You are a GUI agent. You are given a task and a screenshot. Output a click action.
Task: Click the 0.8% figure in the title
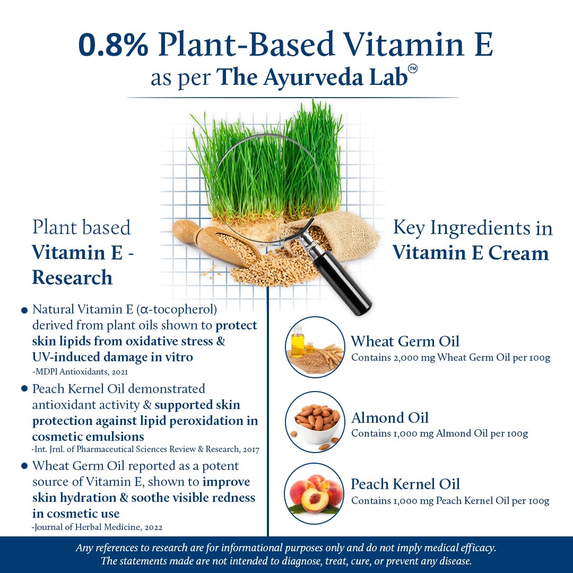coord(113,45)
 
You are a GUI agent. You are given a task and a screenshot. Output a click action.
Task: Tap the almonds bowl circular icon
coord(315,422)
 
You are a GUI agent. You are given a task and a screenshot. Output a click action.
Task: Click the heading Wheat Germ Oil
coord(405,341)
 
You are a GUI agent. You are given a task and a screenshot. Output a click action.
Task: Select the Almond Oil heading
coord(390,418)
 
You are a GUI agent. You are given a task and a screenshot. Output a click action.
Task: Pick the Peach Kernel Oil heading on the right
coord(405,484)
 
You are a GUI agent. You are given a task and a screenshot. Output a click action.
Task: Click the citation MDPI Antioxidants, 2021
coord(80,372)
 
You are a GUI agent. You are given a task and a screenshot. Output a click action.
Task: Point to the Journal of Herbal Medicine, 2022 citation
coord(97,527)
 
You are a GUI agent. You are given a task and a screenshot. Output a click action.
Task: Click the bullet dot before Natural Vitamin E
coord(24,310)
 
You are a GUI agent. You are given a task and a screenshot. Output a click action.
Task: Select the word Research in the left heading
coord(72,277)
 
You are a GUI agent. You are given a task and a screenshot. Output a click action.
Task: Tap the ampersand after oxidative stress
coord(220,341)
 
